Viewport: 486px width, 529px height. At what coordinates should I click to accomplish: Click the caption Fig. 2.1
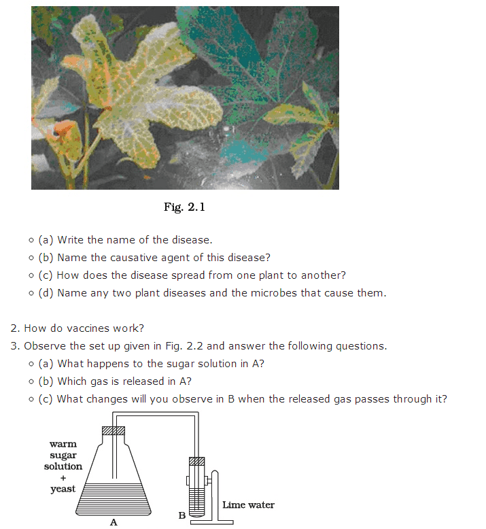pos(184,207)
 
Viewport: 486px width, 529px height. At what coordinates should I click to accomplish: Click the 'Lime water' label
pos(248,505)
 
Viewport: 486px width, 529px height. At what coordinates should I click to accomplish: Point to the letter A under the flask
pos(114,522)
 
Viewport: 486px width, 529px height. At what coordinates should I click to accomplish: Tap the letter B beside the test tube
pos(181,515)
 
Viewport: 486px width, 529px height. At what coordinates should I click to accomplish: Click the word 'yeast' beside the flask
pos(63,489)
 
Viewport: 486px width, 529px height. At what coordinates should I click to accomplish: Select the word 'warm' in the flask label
pos(63,444)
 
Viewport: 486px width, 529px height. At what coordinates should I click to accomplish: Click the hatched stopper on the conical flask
pos(113,430)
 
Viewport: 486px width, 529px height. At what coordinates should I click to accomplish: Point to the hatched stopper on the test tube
pos(196,462)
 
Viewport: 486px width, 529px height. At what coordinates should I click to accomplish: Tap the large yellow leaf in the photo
pos(156,95)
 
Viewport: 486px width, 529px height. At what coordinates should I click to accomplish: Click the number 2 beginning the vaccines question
pos(14,328)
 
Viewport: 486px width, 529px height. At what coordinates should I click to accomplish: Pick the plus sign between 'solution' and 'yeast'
pos(63,477)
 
